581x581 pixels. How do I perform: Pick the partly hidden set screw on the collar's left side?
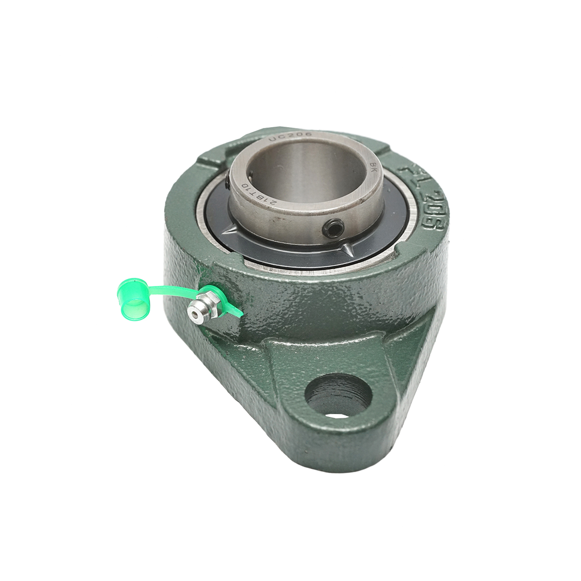[228, 183]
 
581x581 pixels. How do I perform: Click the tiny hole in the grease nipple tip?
[195, 314]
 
